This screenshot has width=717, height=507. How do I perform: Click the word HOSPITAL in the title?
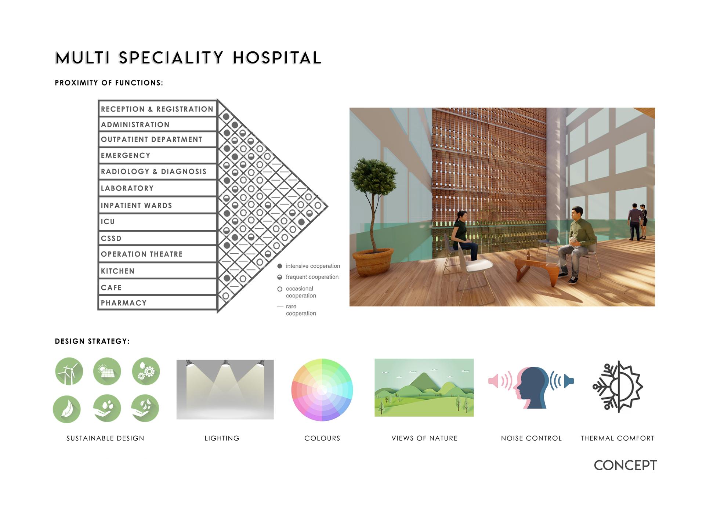(277, 58)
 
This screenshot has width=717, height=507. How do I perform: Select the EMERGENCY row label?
(126, 156)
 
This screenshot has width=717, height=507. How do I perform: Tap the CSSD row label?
(111, 239)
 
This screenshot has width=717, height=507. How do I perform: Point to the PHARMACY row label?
(124, 303)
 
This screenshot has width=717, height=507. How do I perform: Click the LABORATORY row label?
(127, 188)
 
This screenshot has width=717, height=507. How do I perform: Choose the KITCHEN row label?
(117, 271)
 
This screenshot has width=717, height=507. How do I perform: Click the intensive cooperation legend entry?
(308, 266)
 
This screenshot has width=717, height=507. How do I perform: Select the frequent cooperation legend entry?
(308, 277)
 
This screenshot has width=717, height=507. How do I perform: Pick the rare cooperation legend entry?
(297, 310)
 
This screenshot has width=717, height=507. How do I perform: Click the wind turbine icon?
(69, 371)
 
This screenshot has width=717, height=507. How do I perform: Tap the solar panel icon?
(107, 371)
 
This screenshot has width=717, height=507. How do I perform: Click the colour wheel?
(322, 390)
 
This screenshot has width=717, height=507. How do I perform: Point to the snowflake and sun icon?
(618, 387)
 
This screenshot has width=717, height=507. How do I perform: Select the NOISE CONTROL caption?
(531, 438)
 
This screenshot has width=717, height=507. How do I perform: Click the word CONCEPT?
(625, 466)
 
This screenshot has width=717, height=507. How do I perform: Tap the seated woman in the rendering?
(463, 236)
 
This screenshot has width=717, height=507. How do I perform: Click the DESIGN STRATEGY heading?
(93, 341)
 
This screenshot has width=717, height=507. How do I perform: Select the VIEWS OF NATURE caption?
(424, 438)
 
